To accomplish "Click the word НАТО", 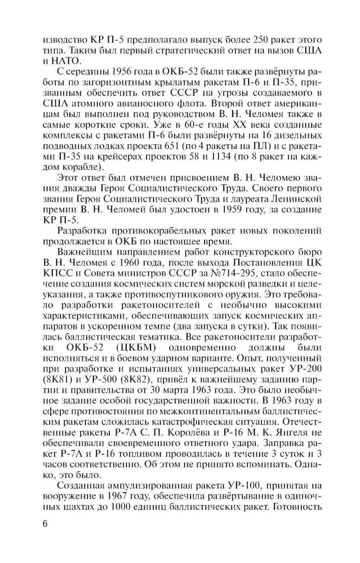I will pos(65,61).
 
